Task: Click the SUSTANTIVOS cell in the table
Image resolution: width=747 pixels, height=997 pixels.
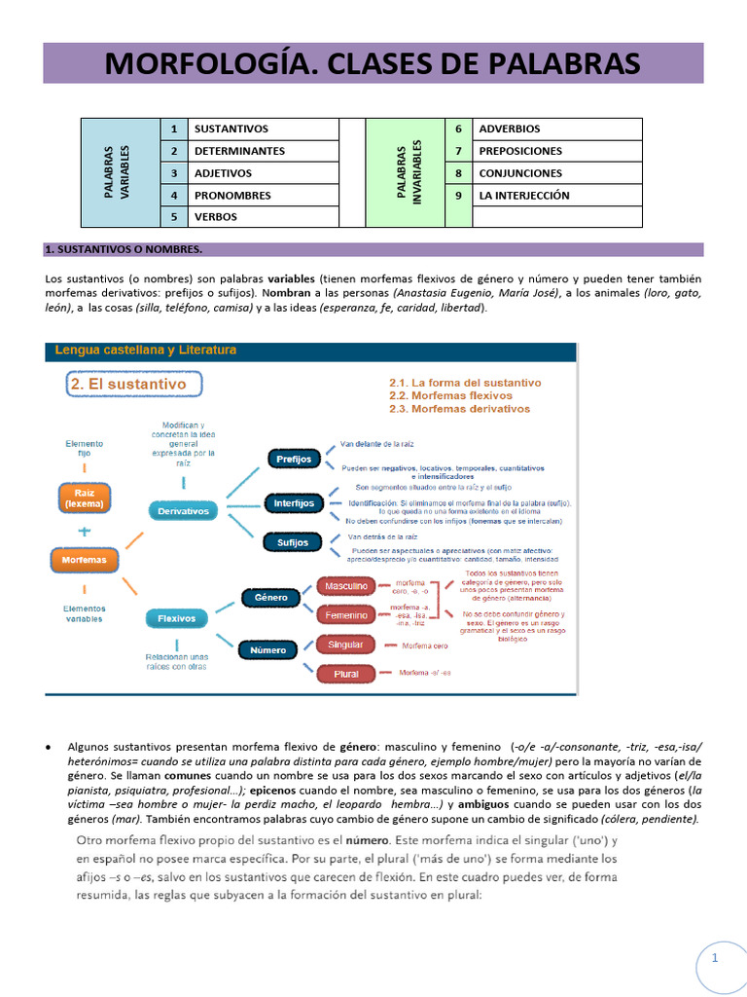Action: pyautogui.click(x=231, y=129)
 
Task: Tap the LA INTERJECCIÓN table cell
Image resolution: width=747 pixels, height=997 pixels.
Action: pyautogui.click(x=524, y=195)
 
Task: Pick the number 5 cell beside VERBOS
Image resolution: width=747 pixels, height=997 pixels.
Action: pyautogui.click(x=173, y=217)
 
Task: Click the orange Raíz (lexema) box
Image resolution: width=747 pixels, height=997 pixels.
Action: pyautogui.click(x=84, y=498)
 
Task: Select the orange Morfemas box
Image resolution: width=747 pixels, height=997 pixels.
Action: pyautogui.click(x=84, y=561)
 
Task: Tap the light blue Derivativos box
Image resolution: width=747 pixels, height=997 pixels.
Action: pyautogui.click(x=184, y=510)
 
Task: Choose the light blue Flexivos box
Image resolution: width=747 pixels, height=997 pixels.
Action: pyautogui.click(x=177, y=617)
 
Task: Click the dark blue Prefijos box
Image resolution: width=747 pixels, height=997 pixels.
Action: pyautogui.click(x=293, y=459)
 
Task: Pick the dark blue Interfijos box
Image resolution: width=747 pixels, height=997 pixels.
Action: pyautogui.click(x=294, y=503)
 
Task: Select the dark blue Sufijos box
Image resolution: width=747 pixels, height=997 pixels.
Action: pyautogui.click(x=293, y=542)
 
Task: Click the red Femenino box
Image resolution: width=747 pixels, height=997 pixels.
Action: pyautogui.click(x=346, y=615)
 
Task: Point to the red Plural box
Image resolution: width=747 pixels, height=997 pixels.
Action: pyautogui.click(x=346, y=674)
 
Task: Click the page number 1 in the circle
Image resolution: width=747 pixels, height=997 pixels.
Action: pyautogui.click(x=715, y=959)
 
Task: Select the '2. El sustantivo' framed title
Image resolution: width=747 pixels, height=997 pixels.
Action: pyautogui.click(x=133, y=385)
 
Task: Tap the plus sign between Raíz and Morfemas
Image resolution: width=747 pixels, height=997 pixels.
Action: pyautogui.click(x=84, y=531)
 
